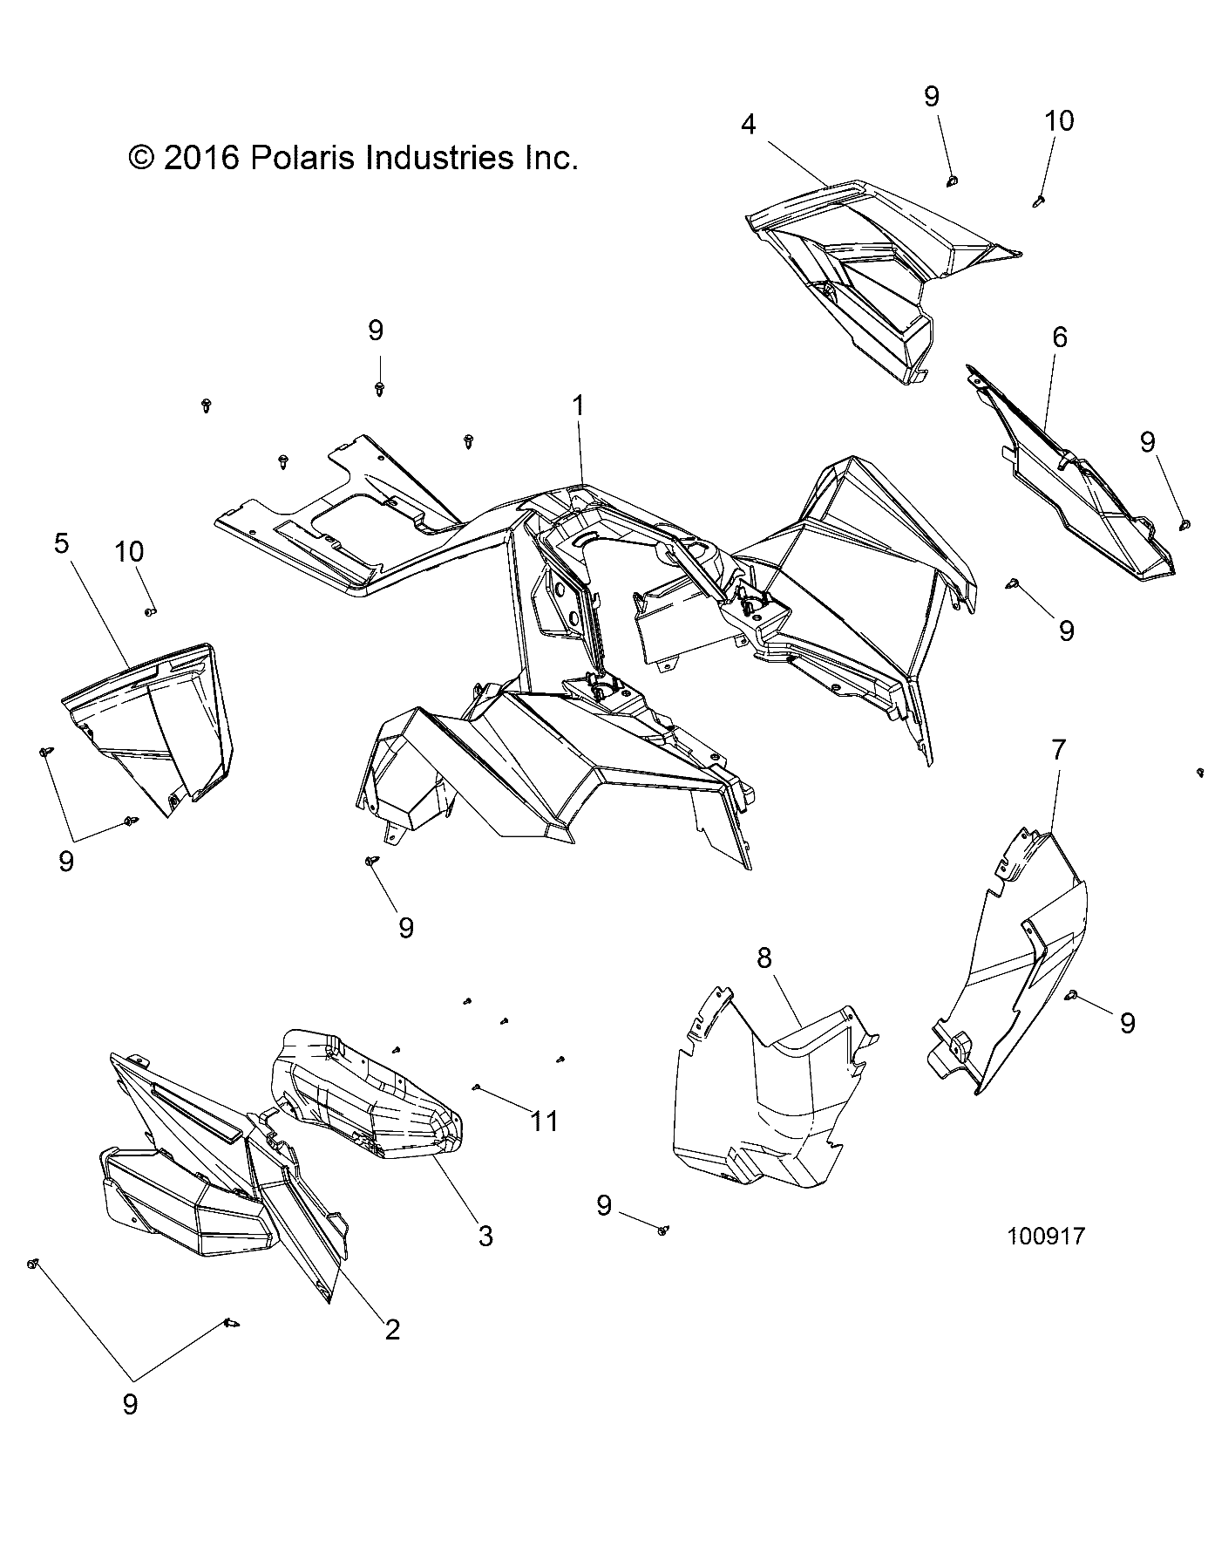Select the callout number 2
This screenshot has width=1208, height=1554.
pyautogui.click(x=392, y=1329)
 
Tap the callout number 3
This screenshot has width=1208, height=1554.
pyautogui.click(x=485, y=1235)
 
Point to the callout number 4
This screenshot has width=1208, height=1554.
pyautogui.click(x=748, y=125)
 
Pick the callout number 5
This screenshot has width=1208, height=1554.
pyautogui.click(x=61, y=543)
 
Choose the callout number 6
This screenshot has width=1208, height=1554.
pyautogui.click(x=1059, y=337)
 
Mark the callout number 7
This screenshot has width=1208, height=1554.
pyautogui.click(x=1058, y=749)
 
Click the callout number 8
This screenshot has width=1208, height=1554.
pyautogui.click(x=763, y=958)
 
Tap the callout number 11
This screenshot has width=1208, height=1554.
pyautogui.click(x=544, y=1121)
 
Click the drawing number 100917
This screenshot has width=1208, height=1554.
pyautogui.click(x=1046, y=1236)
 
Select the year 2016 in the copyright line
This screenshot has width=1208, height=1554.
pyautogui.click(x=200, y=158)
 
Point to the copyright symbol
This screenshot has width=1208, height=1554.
pyautogui.click(x=140, y=158)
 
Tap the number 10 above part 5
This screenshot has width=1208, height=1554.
pyautogui.click(x=129, y=552)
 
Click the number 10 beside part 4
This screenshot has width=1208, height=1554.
pyautogui.click(x=1059, y=120)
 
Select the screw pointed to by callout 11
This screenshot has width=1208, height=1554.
pyautogui.click(x=478, y=1087)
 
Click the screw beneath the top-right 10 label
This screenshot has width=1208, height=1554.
pyautogui.click(x=1038, y=201)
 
